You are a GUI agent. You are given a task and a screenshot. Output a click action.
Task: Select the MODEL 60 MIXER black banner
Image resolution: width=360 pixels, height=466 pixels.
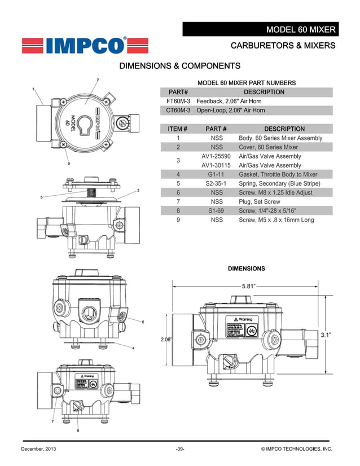(x=260, y=29)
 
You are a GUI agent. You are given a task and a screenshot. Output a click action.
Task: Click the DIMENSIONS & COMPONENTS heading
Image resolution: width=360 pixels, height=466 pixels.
(x=180, y=67)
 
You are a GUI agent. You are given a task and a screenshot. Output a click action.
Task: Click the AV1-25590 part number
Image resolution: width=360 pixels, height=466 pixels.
(x=216, y=156)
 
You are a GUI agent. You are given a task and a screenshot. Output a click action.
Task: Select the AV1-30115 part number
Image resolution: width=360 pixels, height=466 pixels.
(x=216, y=165)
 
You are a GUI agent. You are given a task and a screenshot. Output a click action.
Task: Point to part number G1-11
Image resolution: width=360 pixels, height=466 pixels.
(x=216, y=174)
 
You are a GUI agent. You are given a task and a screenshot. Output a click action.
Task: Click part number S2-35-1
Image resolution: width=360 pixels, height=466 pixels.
(x=216, y=183)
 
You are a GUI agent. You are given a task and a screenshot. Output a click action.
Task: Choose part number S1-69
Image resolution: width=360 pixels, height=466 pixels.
(x=216, y=210)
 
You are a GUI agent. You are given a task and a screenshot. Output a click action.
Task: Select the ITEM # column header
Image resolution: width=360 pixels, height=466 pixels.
(x=178, y=129)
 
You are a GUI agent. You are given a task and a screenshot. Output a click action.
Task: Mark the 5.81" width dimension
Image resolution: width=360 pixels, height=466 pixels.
(x=249, y=286)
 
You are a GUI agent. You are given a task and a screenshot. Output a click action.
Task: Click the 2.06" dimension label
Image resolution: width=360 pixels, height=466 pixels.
(x=166, y=340)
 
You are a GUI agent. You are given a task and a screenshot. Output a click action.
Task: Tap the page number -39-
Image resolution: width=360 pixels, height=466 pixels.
(x=180, y=449)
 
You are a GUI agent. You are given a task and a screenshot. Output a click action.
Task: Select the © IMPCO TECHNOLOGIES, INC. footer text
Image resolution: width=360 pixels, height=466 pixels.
(x=297, y=449)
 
